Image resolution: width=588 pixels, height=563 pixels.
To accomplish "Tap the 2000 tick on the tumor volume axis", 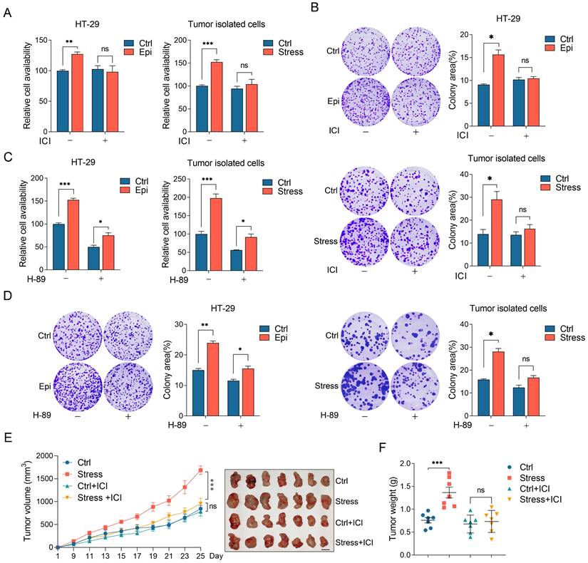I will [43, 455].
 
